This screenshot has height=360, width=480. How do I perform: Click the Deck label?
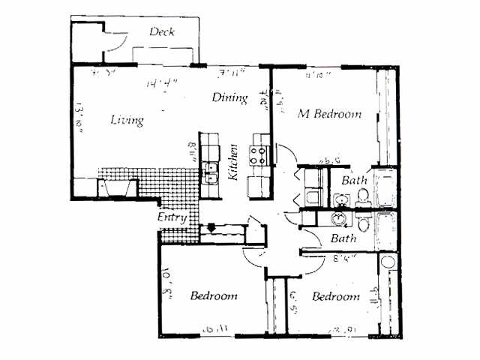(x=162, y=31)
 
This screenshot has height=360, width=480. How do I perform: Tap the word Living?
(x=127, y=120)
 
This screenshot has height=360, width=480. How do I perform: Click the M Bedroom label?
(x=329, y=115)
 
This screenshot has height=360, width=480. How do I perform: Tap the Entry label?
(x=171, y=217)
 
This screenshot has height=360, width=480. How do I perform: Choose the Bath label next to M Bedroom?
(x=353, y=181)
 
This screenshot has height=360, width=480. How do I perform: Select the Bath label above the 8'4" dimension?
(x=343, y=238)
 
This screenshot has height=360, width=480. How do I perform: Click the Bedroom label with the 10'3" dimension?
(x=213, y=295)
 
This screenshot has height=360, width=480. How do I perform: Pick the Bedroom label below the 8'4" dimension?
(x=335, y=297)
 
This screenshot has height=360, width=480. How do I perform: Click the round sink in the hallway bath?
(x=341, y=218)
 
